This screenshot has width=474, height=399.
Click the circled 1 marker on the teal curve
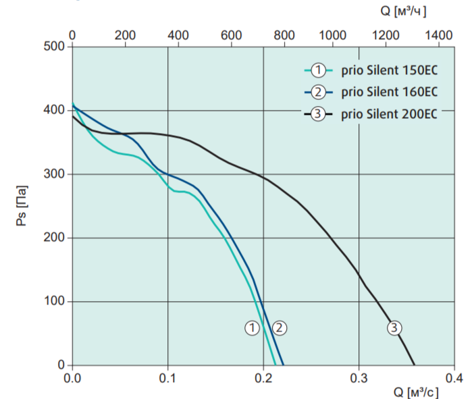point(252,327)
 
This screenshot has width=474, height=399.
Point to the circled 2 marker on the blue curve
point(280,327)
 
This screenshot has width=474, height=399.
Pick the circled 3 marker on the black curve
point(394,327)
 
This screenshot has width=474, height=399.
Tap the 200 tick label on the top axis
point(125,34)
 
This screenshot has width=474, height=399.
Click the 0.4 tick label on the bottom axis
point(454,377)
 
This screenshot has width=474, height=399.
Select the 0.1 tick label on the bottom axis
point(167,377)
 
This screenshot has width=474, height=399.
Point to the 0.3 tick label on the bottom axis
point(359,377)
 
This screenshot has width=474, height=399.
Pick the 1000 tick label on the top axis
point(333,34)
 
